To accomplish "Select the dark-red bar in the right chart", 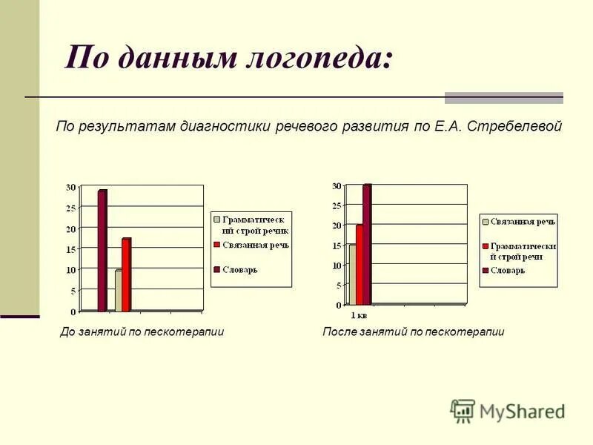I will pos(366,245).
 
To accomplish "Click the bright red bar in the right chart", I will pos(360,265).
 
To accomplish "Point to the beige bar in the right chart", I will pos(352,274).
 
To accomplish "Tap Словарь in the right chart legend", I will pos(508,271).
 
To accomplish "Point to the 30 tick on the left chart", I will pos(71,187).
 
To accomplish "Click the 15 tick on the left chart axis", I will pos(71,250).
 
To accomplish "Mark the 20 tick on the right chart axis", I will pos(337,225).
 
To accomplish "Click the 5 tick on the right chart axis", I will pos(339,286).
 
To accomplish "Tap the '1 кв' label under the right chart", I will pos(358,315).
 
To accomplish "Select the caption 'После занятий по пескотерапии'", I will pos(413,332).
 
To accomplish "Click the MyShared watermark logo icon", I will pos(463,411).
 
